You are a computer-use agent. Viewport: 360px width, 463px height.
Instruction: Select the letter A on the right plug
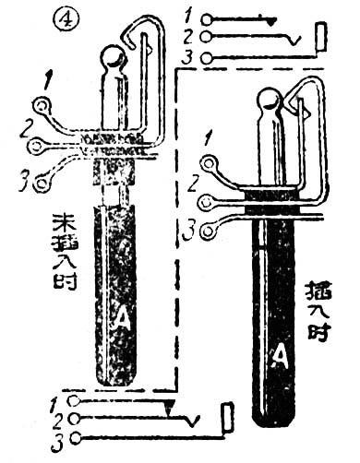(279, 352)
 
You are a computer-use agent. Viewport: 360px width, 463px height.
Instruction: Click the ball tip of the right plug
(270, 101)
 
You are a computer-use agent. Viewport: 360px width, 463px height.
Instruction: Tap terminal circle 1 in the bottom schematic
(78, 402)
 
